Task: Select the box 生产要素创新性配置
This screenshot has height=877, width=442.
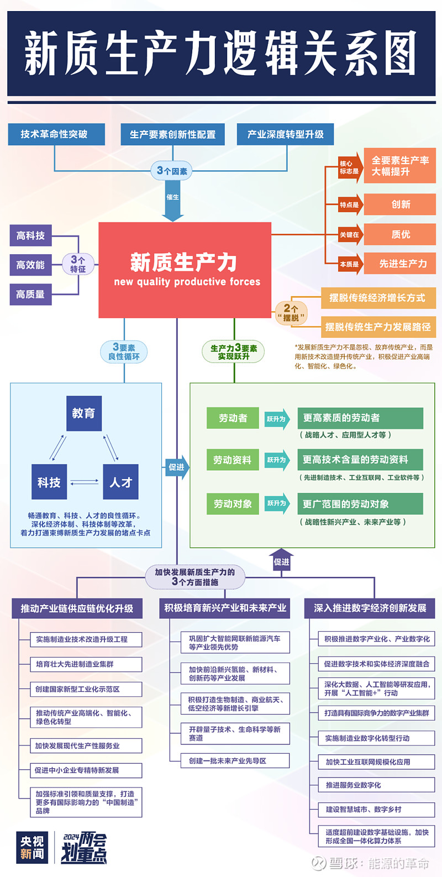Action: (172, 134)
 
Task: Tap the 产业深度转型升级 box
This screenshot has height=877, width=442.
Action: (286, 134)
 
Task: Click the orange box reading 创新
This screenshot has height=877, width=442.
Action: (400, 204)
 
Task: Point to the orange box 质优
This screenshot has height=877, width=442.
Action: (400, 234)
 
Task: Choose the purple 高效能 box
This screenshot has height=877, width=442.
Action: (31, 265)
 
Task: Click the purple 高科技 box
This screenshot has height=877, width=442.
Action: (31, 235)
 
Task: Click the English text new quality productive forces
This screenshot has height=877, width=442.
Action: (187, 282)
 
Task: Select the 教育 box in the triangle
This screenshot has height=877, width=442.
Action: (84, 413)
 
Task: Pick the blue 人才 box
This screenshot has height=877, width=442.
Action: (120, 482)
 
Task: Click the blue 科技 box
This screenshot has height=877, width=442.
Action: (49, 482)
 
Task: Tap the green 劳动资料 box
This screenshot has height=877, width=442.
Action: (232, 460)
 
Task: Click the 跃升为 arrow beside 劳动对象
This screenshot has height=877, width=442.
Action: (277, 503)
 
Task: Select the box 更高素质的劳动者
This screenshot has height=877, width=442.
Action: (360, 418)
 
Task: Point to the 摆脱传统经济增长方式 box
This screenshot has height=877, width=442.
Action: (378, 298)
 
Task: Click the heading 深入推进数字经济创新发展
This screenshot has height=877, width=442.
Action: (370, 608)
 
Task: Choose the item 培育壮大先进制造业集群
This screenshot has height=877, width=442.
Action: (86, 664)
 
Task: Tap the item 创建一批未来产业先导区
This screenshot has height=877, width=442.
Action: (235, 761)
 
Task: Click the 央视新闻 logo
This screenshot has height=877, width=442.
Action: (32, 847)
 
